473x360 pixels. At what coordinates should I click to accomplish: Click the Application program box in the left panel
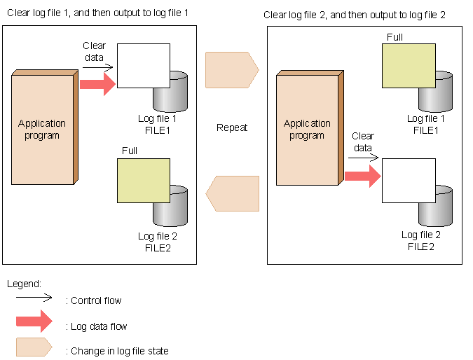(45, 127)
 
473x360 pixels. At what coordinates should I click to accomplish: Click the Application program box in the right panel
(310, 128)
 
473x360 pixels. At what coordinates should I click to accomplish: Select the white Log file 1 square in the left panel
(144, 66)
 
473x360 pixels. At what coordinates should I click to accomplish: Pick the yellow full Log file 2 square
(144, 181)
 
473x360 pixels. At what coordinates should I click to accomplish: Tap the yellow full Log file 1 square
(409, 66)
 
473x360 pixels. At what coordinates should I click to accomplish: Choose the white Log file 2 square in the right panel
(409, 181)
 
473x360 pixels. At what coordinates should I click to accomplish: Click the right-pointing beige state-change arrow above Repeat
(232, 70)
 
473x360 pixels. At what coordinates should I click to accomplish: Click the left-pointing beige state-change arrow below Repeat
(232, 193)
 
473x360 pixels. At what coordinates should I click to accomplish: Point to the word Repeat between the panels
(232, 128)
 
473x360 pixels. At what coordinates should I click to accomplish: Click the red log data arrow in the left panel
(97, 84)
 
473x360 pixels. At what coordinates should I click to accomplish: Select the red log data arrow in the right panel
(363, 176)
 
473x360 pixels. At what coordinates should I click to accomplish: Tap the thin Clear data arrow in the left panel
(97, 67)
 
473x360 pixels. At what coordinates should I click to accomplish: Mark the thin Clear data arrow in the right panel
(363, 158)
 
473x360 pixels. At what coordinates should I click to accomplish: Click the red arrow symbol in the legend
(34, 321)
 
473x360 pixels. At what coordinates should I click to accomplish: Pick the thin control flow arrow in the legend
(34, 298)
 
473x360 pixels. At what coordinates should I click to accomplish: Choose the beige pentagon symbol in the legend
(34, 347)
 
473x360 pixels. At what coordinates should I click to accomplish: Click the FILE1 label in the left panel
(158, 130)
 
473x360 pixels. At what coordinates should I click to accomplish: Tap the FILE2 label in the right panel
(421, 247)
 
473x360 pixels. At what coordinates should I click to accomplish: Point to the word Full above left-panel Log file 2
(130, 151)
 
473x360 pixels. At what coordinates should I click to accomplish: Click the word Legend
(24, 284)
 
